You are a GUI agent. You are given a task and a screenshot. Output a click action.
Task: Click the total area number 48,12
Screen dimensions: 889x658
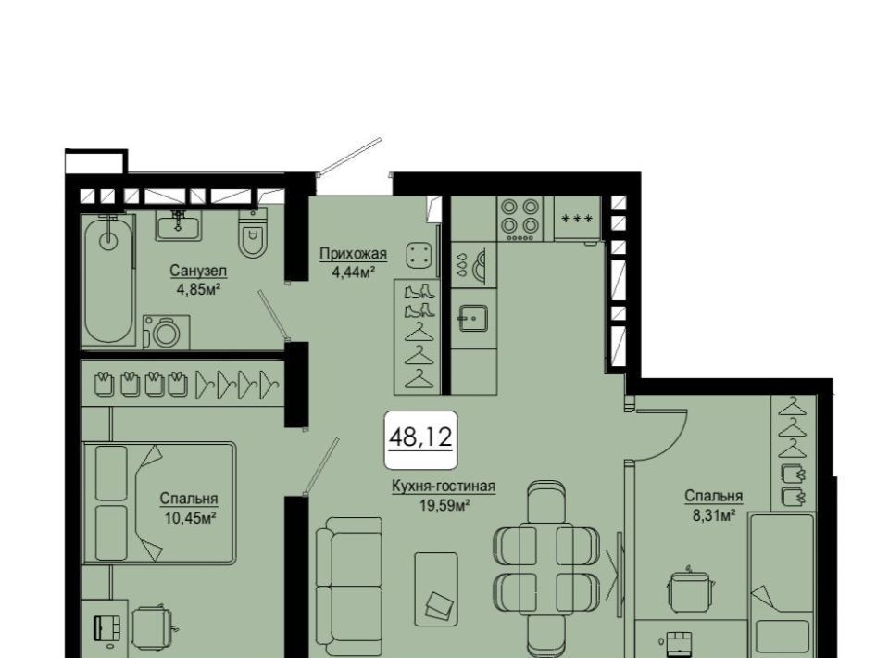pyautogui.click(x=420, y=437)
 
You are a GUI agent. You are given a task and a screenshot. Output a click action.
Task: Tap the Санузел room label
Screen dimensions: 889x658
pyautogui.click(x=198, y=271)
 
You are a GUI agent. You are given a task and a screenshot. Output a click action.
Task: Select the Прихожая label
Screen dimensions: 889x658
pyautogui.click(x=353, y=253)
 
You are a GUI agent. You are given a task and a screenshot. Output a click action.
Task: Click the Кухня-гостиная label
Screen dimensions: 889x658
pyautogui.click(x=444, y=487)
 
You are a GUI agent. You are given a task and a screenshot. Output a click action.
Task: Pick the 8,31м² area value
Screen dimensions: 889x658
pyautogui.click(x=713, y=515)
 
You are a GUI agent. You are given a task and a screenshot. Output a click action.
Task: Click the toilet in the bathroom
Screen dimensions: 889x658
pyautogui.click(x=252, y=233)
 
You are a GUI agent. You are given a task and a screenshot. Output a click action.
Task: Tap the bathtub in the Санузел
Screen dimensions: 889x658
pyautogui.click(x=108, y=280)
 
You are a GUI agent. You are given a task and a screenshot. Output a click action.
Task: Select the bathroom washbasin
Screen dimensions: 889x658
pyautogui.click(x=178, y=226)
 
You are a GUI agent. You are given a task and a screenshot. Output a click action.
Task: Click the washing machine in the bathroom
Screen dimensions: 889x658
pyautogui.click(x=166, y=332)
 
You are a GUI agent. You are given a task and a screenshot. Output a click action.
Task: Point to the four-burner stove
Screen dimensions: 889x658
pyautogui.click(x=520, y=219)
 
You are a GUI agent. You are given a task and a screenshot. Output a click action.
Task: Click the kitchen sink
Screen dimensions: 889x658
pyautogui.click(x=473, y=318)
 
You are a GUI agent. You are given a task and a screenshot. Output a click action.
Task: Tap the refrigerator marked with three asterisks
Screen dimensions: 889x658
pyautogui.click(x=577, y=219)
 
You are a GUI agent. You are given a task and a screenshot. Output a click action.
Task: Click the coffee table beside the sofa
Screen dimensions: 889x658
pyautogui.click(x=436, y=589)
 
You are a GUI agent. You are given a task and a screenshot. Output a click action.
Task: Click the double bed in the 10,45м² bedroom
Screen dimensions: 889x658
pyautogui.click(x=159, y=503)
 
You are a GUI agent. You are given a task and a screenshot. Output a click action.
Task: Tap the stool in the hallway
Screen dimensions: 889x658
pyautogui.click(x=420, y=255)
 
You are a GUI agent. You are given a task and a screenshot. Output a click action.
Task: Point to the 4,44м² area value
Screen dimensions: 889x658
pyautogui.click(x=353, y=272)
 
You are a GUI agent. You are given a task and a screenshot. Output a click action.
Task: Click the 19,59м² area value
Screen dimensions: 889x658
pyautogui.click(x=444, y=505)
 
